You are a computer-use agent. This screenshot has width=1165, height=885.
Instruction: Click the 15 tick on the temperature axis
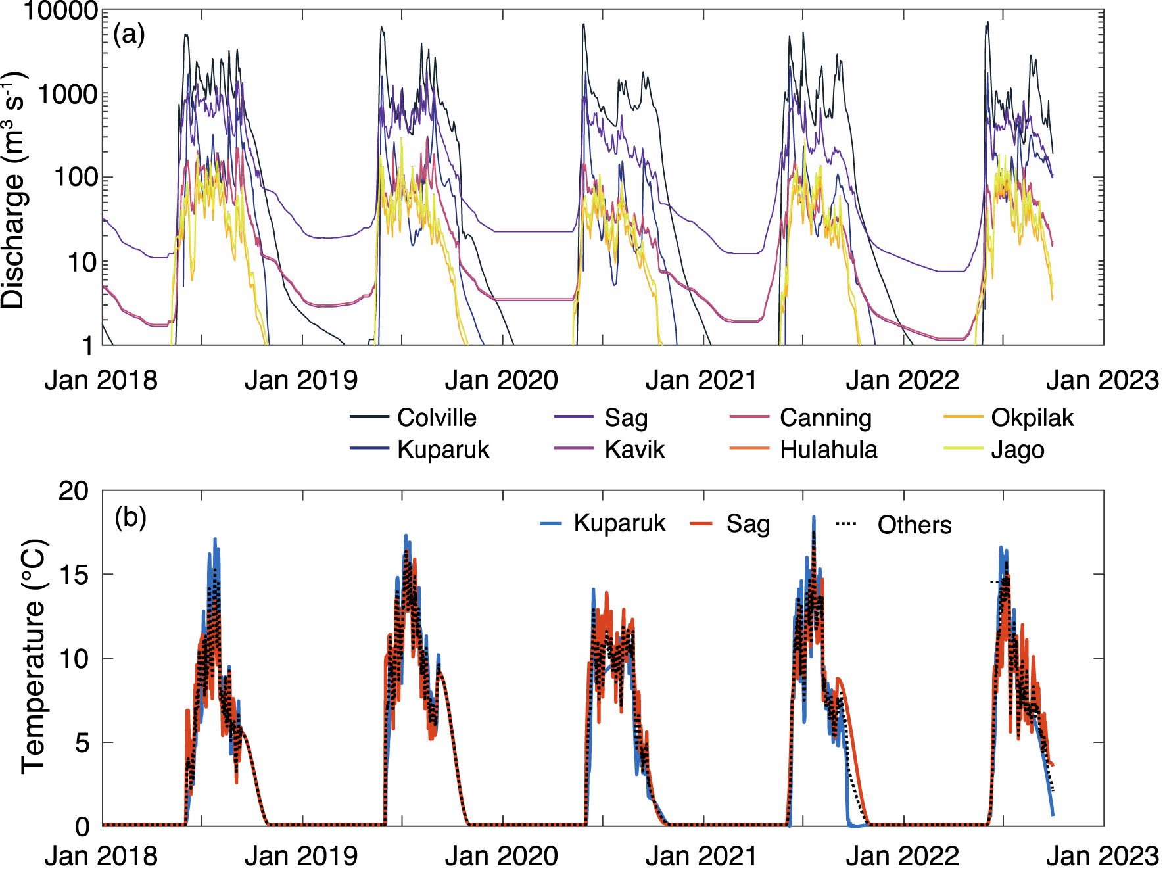point(74,575)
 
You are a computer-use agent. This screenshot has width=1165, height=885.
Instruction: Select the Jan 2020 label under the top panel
point(501,380)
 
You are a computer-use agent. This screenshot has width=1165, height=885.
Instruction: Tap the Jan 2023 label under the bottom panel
point(1102,856)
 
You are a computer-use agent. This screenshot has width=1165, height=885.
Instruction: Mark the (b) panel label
point(130,518)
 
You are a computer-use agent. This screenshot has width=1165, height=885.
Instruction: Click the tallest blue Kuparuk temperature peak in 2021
point(813,518)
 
